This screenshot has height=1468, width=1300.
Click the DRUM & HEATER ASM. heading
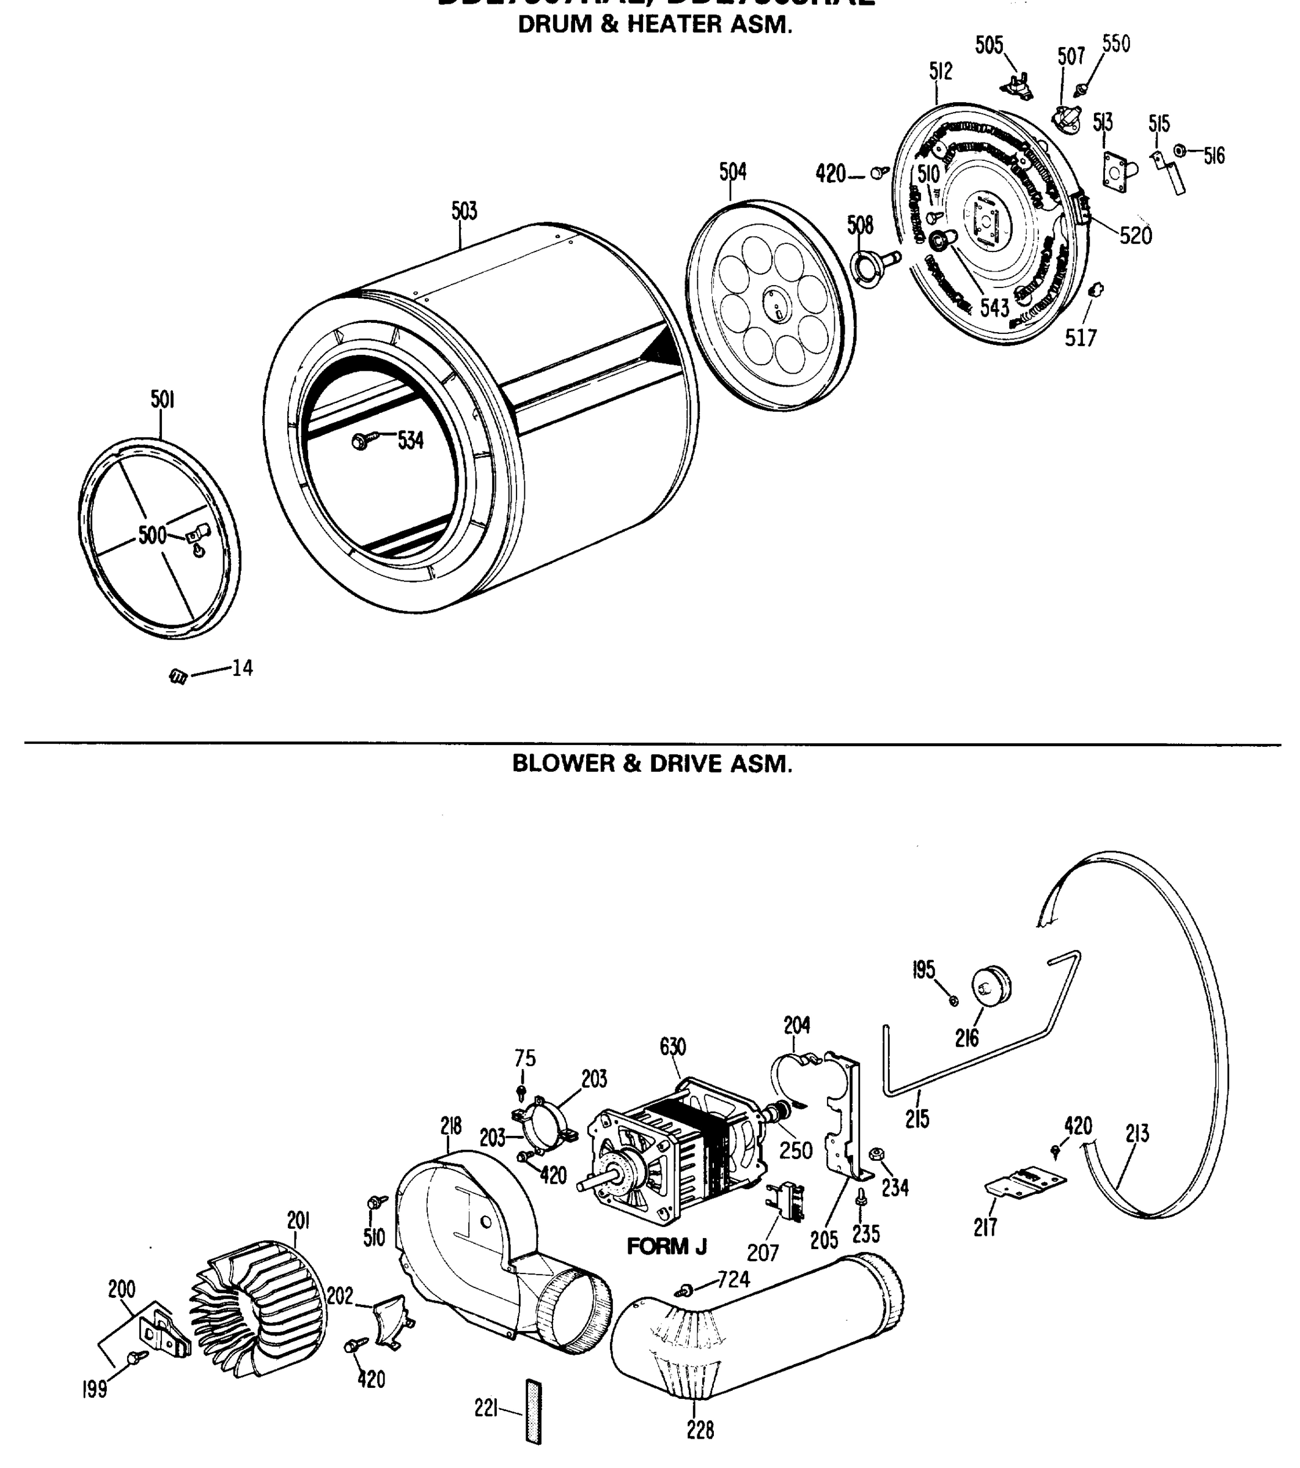pos(655,25)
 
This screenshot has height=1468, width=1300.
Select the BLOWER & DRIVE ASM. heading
pos(652,763)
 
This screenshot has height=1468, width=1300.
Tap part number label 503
pos(464,211)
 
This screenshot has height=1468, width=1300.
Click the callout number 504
pos(732,172)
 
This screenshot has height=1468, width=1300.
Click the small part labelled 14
pos(177,676)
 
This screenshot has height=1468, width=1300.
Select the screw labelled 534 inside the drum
pos(361,441)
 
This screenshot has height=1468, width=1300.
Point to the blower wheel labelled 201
pos(259,1308)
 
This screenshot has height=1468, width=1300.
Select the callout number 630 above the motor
pos(672,1048)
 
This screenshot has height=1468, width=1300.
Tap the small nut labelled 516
pos(1179,151)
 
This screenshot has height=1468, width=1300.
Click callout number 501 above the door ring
pos(162,400)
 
